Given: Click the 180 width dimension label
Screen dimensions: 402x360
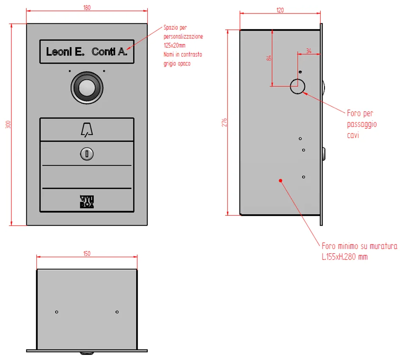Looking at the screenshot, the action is point(87,8).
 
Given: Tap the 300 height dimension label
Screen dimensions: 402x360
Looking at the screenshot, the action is point(8,125).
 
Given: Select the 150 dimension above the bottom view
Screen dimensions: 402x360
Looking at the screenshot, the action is point(87,254).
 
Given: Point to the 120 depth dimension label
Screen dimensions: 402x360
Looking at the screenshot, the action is point(280,10).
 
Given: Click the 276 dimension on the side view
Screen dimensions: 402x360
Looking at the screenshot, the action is point(224,122).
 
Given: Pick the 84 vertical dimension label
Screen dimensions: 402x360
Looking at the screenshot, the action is point(269,58).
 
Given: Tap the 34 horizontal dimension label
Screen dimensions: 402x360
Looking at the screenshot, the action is point(309,51).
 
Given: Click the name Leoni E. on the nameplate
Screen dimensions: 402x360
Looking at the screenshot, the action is point(65,52).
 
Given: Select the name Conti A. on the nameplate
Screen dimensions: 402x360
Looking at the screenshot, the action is point(110,52).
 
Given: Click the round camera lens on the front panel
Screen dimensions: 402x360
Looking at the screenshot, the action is point(87,88).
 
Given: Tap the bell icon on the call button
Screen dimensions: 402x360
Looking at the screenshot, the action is point(87,130).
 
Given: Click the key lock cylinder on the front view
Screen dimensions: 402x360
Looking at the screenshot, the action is point(87,154).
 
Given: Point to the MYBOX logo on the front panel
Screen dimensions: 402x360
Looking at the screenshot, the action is point(87,202).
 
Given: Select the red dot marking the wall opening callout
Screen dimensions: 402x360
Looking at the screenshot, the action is point(281,181).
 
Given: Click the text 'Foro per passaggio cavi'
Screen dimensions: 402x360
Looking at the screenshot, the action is point(362,124).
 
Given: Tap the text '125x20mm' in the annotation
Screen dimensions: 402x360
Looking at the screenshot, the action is point(175,45).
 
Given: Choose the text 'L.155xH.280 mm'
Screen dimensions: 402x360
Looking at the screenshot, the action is point(345,257).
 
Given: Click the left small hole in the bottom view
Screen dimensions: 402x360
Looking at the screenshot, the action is point(57,312).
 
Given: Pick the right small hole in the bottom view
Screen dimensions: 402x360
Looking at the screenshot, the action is point(117,312).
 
